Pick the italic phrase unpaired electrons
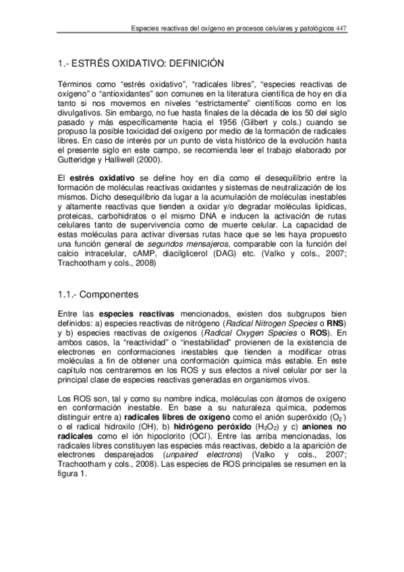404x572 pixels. [x=208, y=455]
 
